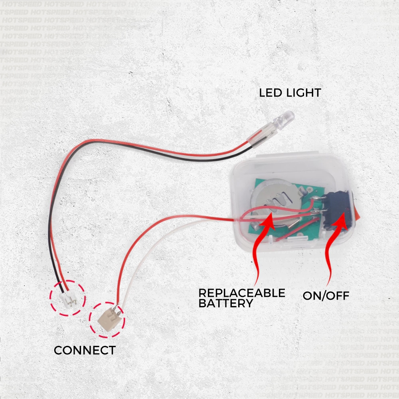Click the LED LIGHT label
coord(290,93)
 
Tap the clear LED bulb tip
coord(288,117)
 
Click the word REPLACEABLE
coord(242,293)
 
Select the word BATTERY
coord(225,303)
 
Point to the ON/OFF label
coord(326,296)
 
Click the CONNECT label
coord(85,351)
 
